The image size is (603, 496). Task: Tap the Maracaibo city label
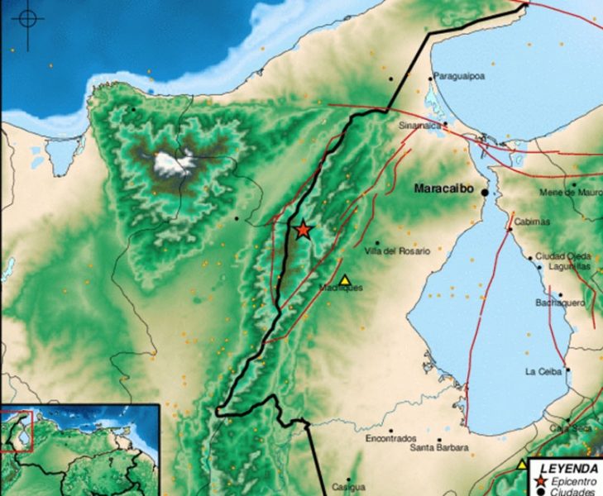444,189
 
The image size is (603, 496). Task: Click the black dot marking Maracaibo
485,192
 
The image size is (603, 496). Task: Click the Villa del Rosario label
398,250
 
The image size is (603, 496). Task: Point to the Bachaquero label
560,303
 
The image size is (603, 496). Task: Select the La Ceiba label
543,371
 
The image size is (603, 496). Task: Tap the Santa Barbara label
439,448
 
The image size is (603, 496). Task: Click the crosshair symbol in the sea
28,18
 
